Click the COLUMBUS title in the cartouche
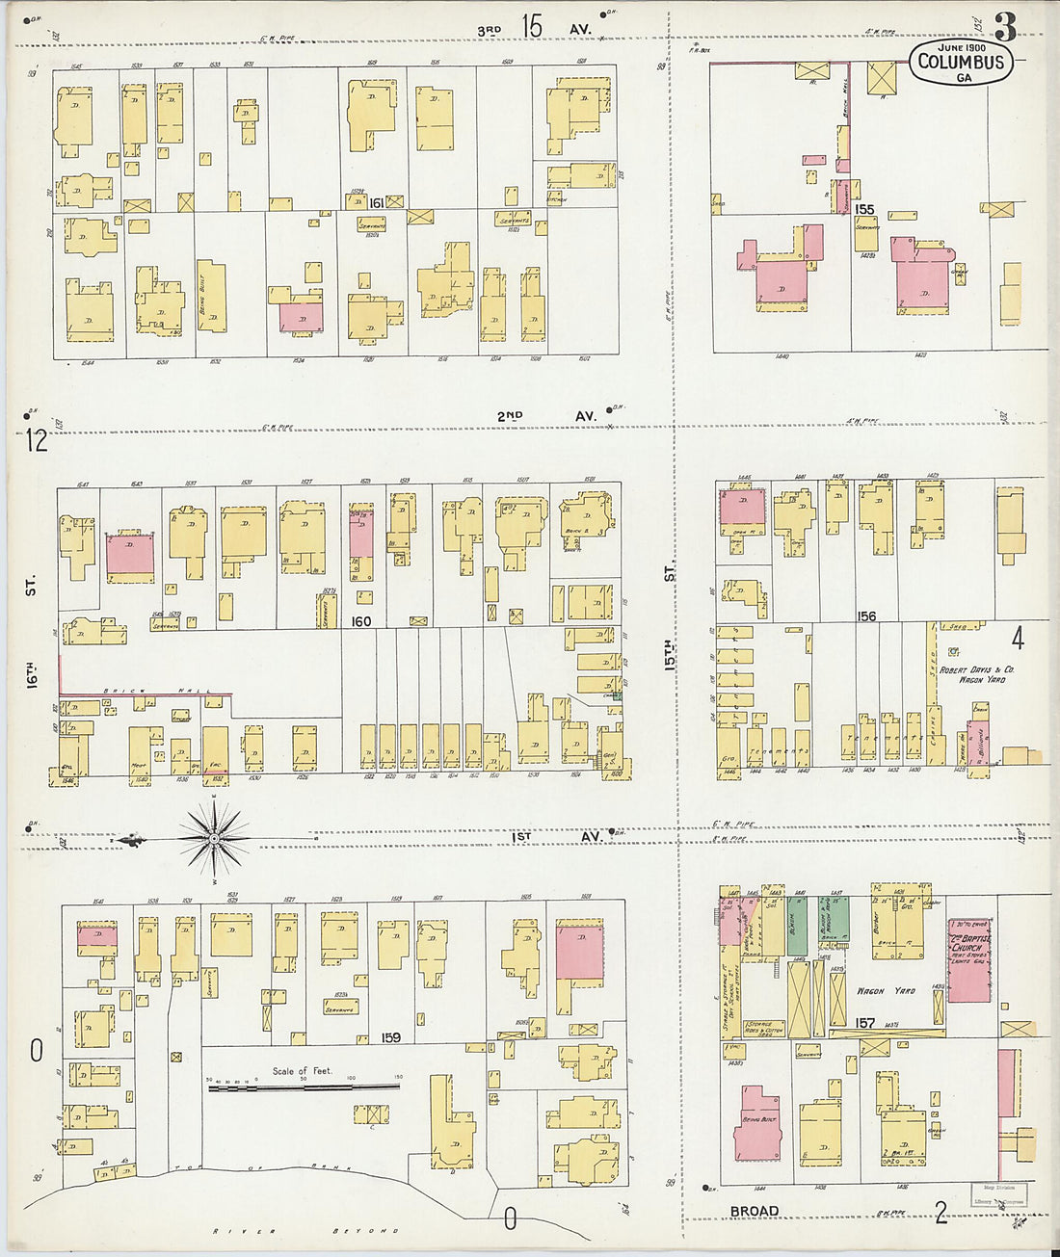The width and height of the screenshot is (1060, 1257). coord(960,64)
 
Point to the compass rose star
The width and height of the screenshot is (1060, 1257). coord(212,839)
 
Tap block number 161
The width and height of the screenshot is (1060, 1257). coord(376,202)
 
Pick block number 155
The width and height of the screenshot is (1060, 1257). coord(863,209)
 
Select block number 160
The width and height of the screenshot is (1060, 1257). coord(361,621)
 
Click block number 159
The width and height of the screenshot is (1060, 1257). coord(390,1037)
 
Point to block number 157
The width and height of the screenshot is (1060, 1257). coord(865,1023)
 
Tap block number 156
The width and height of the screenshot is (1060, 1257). coord(866,616)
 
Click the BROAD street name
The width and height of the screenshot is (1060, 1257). coord(754,1211)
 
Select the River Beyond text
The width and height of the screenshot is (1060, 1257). coord(304,1231)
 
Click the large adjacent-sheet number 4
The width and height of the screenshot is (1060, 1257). coord(1018,638)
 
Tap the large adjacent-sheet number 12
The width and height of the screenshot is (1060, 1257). coord(37,441)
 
